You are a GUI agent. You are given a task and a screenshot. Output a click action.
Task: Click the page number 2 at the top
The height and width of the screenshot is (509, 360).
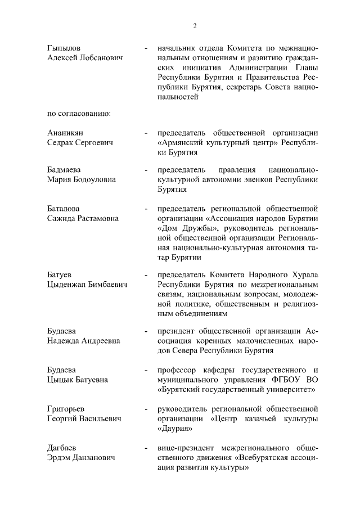click(x=195, y=25)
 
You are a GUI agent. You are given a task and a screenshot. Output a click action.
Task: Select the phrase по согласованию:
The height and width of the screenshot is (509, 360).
click(x=79, y=114)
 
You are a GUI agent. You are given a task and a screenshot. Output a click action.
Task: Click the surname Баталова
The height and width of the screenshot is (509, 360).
click(x=64, y=208)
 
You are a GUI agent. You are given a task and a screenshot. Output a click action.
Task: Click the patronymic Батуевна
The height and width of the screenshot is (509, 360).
click(x=89, y=379)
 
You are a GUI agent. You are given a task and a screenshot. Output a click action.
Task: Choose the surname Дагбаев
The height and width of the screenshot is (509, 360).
click(x=64, y=448)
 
